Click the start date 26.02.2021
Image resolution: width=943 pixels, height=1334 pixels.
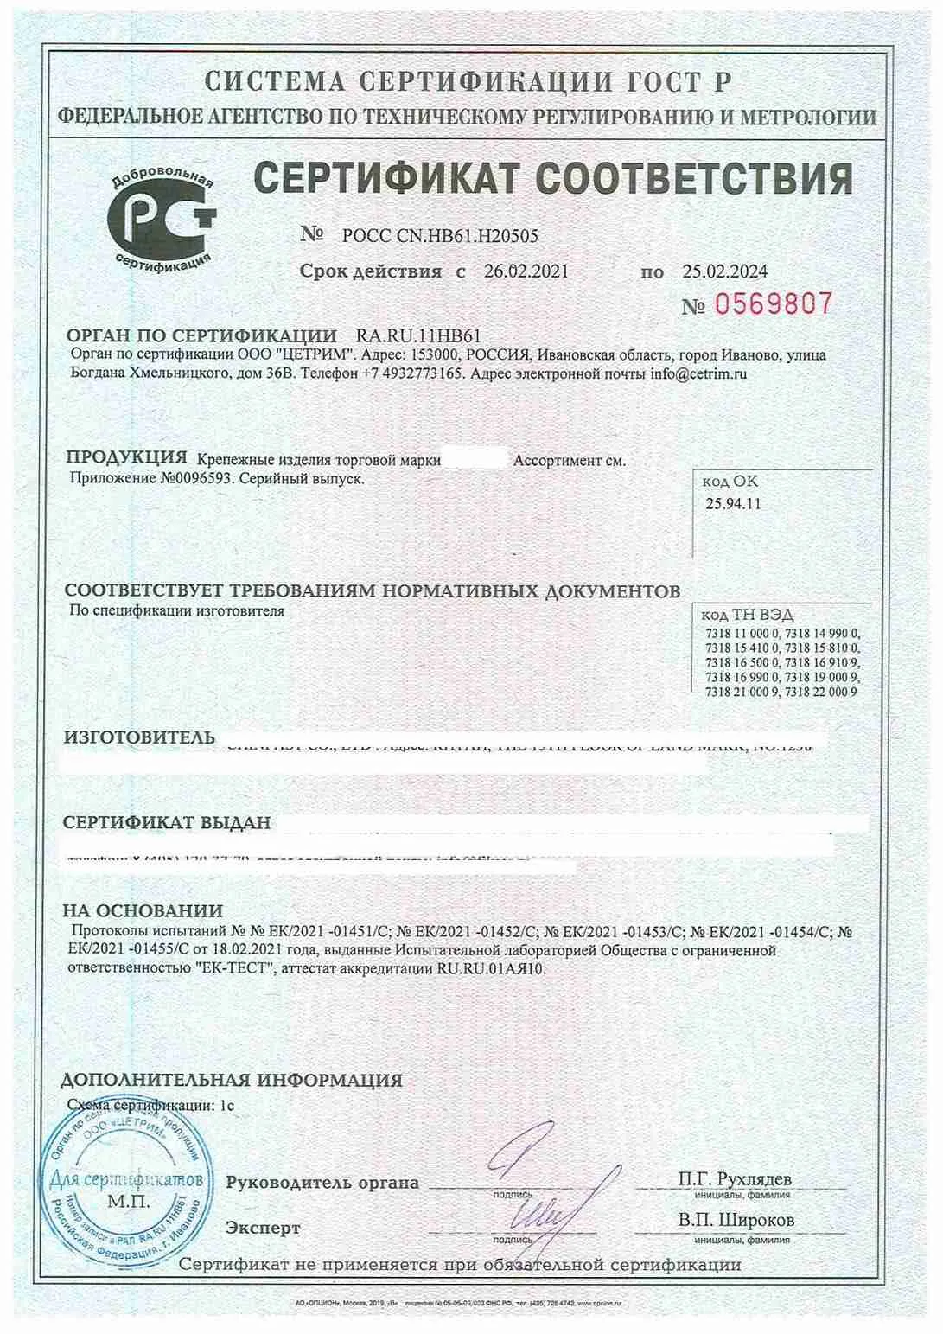526,271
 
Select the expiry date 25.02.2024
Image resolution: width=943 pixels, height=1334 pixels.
724,271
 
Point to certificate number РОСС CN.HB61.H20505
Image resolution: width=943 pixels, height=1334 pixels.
440,235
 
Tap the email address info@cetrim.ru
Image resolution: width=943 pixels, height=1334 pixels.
698,374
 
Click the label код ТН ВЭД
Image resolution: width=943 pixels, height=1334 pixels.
735,615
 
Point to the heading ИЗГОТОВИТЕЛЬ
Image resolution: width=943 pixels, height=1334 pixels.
139,737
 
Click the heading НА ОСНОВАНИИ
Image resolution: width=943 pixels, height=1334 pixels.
143,910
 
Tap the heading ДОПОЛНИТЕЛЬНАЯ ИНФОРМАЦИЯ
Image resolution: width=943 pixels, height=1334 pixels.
232,1080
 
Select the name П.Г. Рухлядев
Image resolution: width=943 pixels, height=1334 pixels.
735,1179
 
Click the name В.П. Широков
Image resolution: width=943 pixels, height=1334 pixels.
736,1221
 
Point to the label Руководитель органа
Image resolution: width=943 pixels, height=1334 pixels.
322,1183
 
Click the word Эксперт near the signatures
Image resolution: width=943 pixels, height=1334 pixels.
263,1228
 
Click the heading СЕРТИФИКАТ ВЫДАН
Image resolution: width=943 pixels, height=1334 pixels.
167,822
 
